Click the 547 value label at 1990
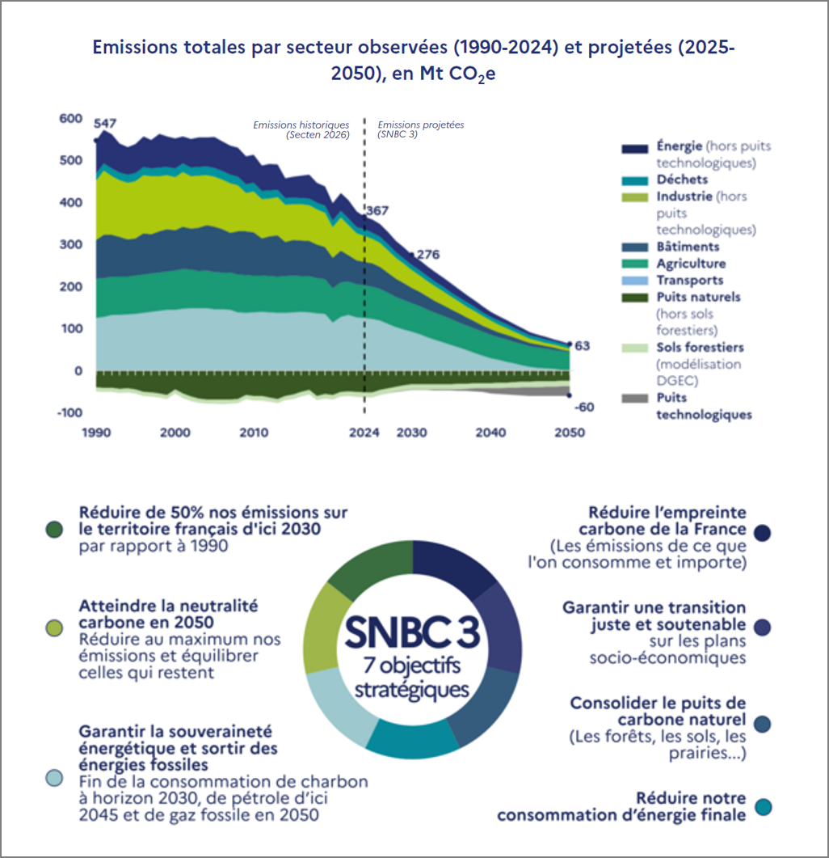[105, 123]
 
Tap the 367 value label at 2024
[377, 211]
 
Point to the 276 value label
[428, 255]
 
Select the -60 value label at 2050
[584, 407]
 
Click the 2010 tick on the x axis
[254, 433]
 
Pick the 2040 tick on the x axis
[490, 433]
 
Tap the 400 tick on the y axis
[71, 202]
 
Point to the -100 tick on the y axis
[70, 412]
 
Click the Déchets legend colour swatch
[635, 180]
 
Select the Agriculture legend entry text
[691, 264]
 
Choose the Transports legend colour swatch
[635, 281]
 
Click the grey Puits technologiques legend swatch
[635, 399]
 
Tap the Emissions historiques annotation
[301, 129]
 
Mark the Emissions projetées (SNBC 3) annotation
[420, 129]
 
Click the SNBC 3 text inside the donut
[412, 632]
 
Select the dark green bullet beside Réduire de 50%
[54, 530]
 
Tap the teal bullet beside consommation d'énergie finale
[763, 807]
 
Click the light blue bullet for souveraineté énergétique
[54, 778]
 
